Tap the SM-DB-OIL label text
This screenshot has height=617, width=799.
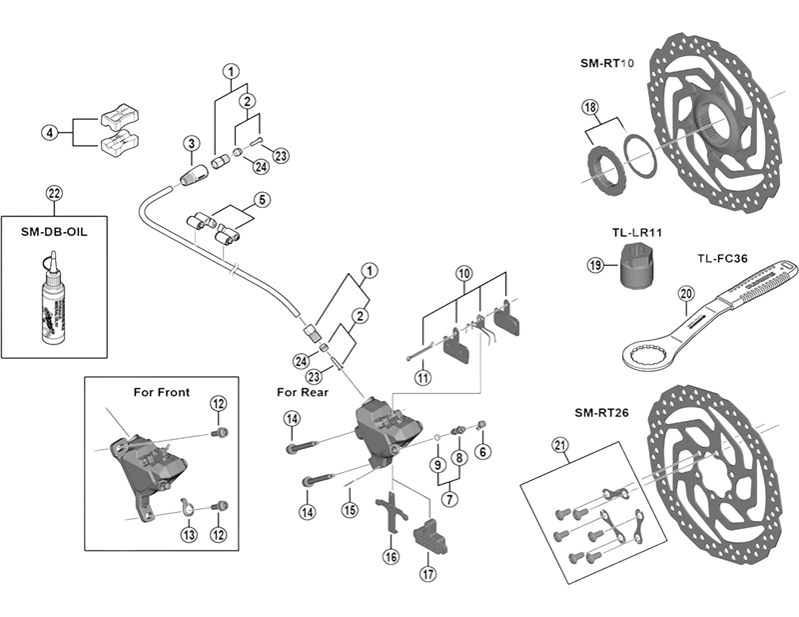(54, 229)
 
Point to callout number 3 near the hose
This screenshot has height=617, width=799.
(190, 146)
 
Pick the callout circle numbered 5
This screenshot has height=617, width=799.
(262, 199)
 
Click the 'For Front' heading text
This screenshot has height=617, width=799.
(161, 391)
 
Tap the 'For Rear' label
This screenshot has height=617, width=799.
(302, 392)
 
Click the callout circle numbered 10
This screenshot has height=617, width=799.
(463, 273)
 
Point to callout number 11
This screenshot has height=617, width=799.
(422, 377)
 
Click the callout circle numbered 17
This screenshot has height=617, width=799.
(428, 574)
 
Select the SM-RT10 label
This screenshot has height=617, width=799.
(606, 62)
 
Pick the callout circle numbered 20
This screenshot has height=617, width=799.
(684, 293)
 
